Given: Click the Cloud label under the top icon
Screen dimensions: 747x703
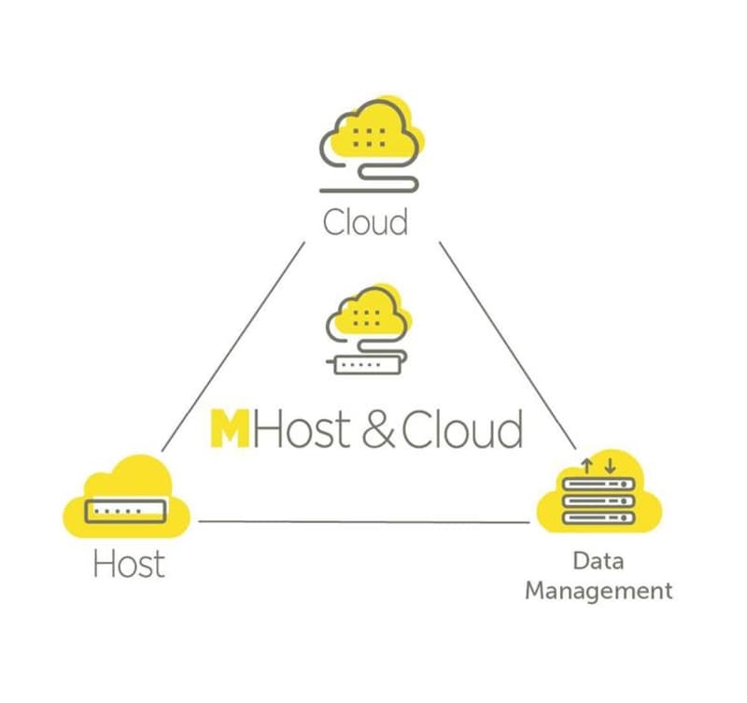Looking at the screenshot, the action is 365,222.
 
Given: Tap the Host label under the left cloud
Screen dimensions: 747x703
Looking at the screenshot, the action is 129,564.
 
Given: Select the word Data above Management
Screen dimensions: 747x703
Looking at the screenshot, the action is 599,560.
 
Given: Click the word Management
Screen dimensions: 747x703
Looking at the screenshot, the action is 599,591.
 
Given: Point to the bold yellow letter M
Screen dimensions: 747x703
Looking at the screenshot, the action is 230,429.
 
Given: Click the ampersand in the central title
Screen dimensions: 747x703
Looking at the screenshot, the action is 379,429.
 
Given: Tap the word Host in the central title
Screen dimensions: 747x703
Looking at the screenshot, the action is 301,429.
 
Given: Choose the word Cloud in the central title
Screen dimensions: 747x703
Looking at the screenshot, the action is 462,429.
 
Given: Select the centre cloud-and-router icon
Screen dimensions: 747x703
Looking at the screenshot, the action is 368,330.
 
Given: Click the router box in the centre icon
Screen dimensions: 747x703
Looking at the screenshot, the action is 367,365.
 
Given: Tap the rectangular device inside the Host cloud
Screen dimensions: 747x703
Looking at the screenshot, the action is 126,512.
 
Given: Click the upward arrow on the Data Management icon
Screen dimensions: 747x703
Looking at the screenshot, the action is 587,466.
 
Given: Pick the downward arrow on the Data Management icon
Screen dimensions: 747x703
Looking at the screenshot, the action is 610,466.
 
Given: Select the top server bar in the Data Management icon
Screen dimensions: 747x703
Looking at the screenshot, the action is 599,484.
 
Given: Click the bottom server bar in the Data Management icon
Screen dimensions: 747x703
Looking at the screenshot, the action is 599,518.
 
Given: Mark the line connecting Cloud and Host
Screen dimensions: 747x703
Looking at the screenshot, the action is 233,346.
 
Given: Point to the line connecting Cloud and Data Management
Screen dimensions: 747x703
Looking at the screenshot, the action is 508,345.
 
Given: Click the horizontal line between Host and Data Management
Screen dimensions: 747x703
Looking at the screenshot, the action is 364,522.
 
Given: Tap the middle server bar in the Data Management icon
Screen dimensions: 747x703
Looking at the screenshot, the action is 599,501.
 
